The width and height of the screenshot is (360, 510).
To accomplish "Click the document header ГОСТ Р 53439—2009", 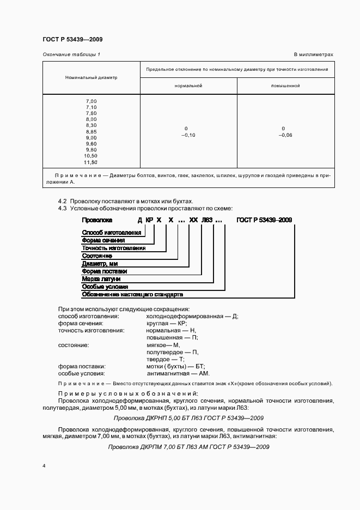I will point(72,39).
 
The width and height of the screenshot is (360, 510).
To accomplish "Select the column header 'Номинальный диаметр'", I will point(91,77).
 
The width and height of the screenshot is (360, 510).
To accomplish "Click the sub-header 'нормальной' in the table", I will point(188,86).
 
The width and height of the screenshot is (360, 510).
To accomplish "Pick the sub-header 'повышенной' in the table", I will point(285,86).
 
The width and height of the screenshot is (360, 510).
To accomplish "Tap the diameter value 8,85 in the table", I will point(91,131).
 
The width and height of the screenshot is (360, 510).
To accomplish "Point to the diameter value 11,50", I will point(90,162).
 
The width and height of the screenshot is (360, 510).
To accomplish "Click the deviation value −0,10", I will point(188,135).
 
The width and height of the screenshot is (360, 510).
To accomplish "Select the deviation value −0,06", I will point(285,135).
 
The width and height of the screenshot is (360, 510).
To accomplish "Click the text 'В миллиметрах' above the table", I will point(313,54).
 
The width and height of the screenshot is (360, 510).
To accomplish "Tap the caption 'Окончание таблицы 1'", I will point(71,54).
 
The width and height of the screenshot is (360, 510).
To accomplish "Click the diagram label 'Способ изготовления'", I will point(111,232).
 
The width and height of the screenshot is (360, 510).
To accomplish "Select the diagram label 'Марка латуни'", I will point(101,278).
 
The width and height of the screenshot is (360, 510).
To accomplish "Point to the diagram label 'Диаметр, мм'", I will point(100,263).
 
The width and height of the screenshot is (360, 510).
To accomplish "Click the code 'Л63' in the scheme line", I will point(207,220).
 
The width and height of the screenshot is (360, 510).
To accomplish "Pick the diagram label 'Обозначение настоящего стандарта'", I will point(132,294).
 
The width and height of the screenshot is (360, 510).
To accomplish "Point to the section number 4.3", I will point(62,208).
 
